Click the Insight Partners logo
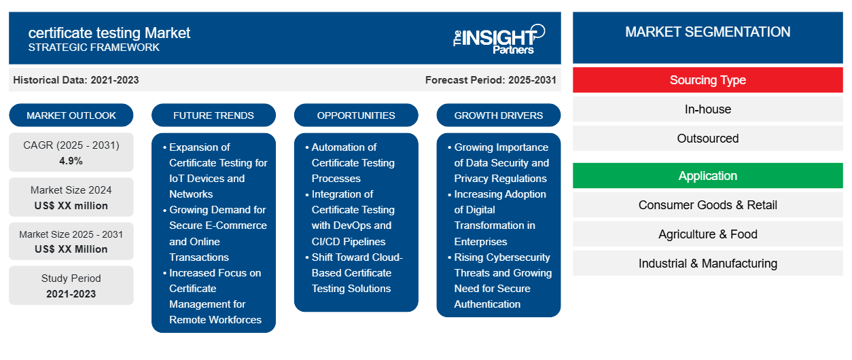click(499, 39)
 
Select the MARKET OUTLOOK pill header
click(71, 115)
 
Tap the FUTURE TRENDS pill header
click(213, 115)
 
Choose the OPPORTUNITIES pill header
click(356, 115)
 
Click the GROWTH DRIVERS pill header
click(498, 115)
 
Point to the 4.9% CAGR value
click(71, 161)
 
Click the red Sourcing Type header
click(708, 80)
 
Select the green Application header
click(708, 176)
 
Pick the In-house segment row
click(708, 109)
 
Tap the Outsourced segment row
click(708, 139)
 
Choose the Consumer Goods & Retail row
click(708, 205)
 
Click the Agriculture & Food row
click(708, 234)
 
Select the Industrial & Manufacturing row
click(708, 263)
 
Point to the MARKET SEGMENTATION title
click(708, 32)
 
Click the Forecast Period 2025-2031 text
click(491, 80)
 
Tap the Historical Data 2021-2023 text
click(76, 80)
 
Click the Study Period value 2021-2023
click(71, 294)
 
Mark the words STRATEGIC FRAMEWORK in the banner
click(94, 47)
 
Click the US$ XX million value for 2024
click(71, 206)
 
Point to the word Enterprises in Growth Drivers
click(480, 241)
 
